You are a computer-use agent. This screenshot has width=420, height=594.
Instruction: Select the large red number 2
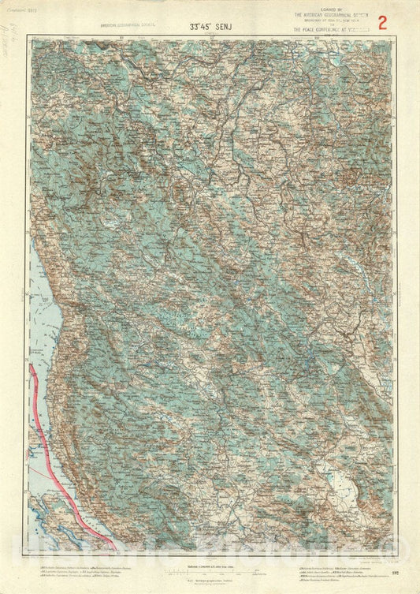pyautogui.click(x=383, y=22)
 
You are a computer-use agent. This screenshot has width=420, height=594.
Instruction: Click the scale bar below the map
pyautogui.click(x=209, y=569)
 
